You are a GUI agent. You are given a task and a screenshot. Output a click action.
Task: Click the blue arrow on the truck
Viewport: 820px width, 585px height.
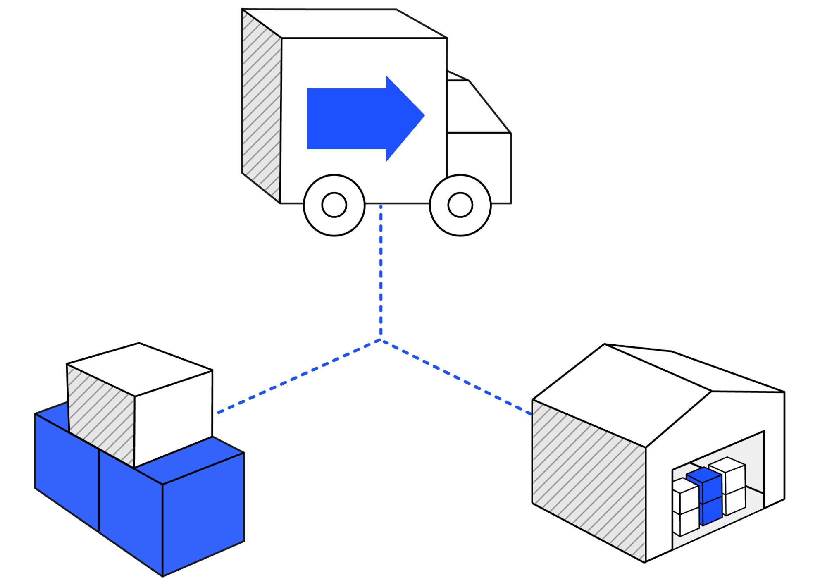(355, 119)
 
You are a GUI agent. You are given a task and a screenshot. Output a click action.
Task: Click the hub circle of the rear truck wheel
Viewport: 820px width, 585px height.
(334, 205)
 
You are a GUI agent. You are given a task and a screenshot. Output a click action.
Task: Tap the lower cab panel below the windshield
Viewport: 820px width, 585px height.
(479, 165)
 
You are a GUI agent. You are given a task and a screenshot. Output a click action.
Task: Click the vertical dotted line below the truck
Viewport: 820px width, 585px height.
(381, 269)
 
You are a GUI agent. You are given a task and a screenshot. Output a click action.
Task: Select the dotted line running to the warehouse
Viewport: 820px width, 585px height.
(455, 376)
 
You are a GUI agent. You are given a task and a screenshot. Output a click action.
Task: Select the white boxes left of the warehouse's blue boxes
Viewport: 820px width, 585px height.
(685, 509)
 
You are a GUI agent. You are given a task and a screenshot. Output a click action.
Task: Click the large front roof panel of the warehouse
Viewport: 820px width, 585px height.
(620, 397)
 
